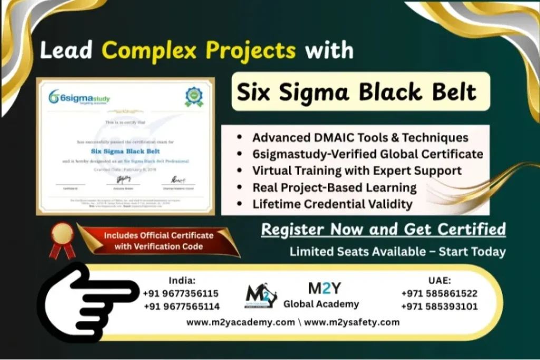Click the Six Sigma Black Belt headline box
click(356, 92)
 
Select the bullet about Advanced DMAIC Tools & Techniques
click(360, 138)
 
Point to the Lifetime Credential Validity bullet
click(332, 204)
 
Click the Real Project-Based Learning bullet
click(334, 187)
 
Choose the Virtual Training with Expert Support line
click(356, 171)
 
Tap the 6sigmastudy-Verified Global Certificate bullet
click(367, 154)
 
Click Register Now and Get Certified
click(383, 230)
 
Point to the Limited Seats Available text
click(397, 252)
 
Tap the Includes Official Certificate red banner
click(158, 241)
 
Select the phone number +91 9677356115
click(181, 294)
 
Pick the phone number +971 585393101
click(439, 306)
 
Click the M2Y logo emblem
click(261, 297)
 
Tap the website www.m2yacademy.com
click(240, 322)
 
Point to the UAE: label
click(440, 280)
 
